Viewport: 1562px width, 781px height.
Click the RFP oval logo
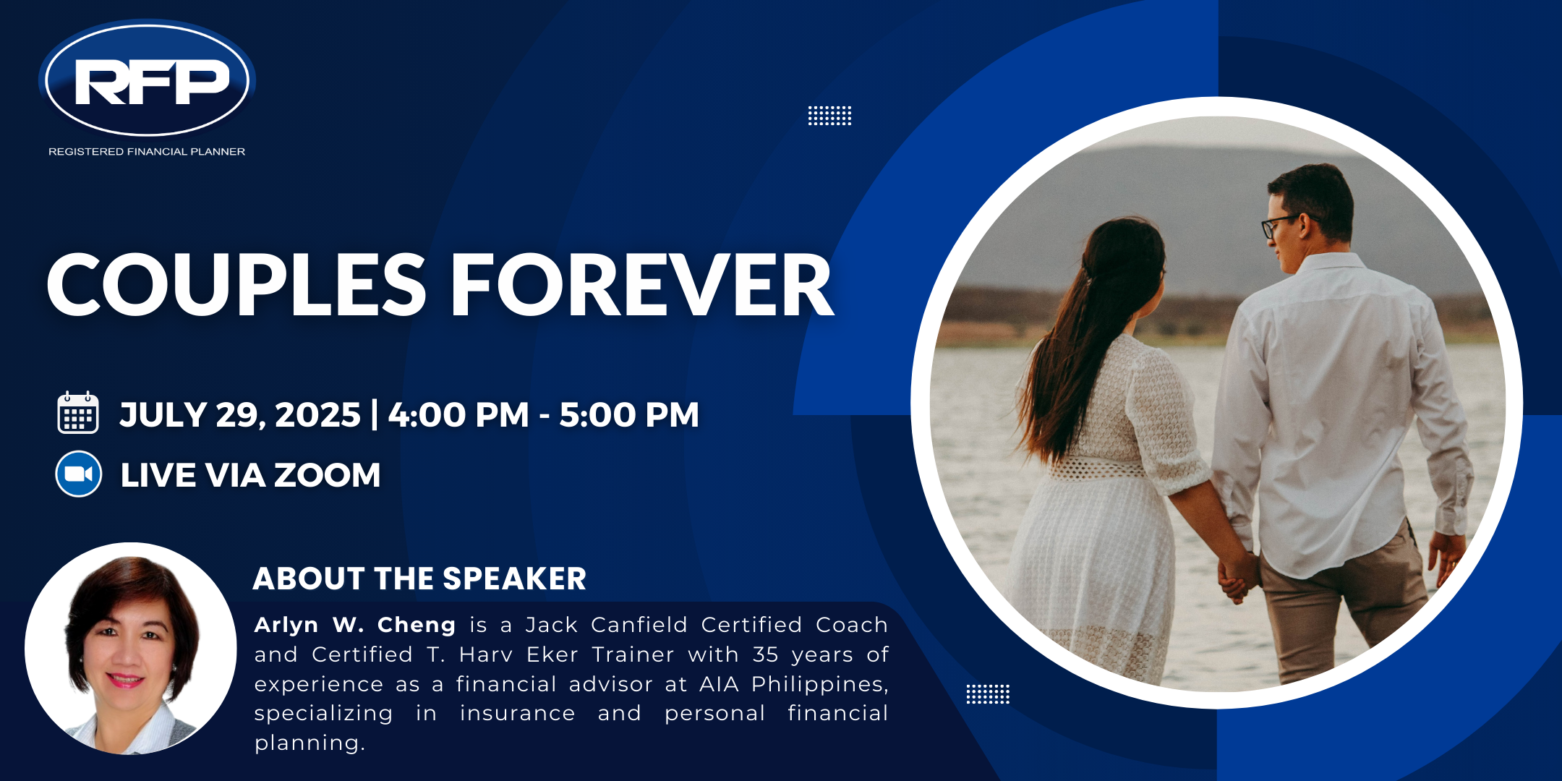click(148, 79)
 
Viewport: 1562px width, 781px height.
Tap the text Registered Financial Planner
click(147, 152)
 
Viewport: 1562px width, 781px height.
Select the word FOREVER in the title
click(643, 285)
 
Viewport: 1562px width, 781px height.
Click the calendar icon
click(78, 413)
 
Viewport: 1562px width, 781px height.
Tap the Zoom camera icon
click(79, 474)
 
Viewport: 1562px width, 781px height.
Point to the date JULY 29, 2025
click(240, 415)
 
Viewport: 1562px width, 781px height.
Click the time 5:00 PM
click(629, 415)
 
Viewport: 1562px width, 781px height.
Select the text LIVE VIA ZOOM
click(250, 475)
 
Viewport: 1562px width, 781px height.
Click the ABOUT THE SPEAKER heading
click(419, 579)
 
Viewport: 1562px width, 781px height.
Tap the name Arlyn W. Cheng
click(354, 624)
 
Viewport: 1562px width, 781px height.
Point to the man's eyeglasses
click(1284, 224)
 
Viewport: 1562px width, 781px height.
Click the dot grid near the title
click(829, 116)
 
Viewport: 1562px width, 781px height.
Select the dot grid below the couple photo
click(988, 694)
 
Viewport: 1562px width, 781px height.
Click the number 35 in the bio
click(765, 654)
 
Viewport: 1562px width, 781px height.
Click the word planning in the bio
click(310, 743)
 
